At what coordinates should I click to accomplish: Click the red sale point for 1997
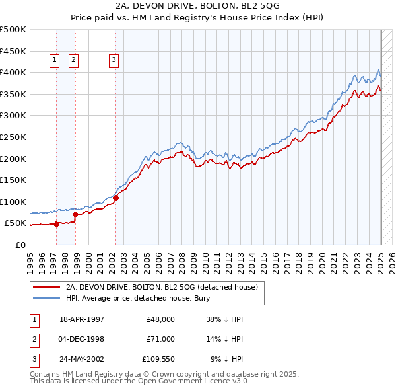coord(57,224)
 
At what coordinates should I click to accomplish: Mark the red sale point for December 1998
coord(75,214)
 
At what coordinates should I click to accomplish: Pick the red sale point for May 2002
coord(115,197)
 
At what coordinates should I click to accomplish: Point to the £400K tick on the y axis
coord(13,72)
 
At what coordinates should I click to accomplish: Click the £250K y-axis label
coord(13,137)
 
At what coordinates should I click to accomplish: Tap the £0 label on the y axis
coord(20,245)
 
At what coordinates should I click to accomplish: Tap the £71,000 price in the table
coord(161,339)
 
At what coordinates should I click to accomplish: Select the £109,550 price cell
coord(158,360)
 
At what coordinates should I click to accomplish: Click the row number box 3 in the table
coord(34,360)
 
